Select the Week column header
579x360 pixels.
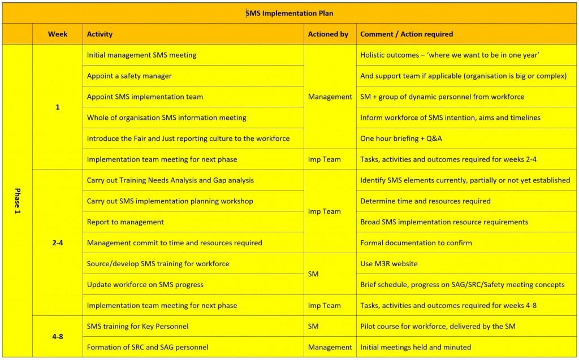coord(58,34)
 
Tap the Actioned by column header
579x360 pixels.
coord(328,34)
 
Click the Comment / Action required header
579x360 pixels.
coord(407,34)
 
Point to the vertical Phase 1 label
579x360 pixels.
coord(17,201)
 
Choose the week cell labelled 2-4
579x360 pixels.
coord(58,242)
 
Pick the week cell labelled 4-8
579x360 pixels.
coord(58,336)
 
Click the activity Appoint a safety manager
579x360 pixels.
coord(129,76)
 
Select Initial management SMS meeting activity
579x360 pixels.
coord(142,55)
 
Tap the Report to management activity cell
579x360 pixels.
coord(126,222)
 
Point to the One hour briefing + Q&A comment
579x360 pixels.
coord(401,138)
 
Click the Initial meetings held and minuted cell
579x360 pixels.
coord(416,347)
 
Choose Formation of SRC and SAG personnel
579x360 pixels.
coord(148,347)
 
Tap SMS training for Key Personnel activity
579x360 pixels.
coord(138,326)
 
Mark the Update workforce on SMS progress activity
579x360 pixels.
coord(145,285)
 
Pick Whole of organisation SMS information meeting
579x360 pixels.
coord(167,118)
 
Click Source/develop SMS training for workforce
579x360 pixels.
coord(158,264)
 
